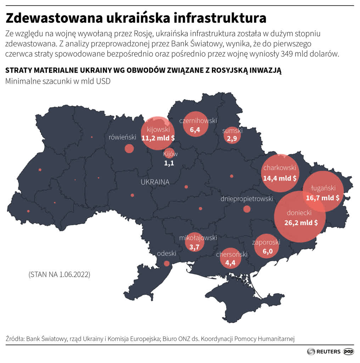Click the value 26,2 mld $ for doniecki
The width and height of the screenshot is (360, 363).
tap(300, 223)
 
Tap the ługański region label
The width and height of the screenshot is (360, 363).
tap(323, 188)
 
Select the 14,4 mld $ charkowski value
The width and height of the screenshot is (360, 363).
tap(280, 178)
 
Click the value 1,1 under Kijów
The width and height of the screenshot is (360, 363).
tap(169, 163)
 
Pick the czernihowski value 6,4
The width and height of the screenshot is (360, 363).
tap(195, 130)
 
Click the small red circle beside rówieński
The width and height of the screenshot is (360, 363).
tap(129, 149)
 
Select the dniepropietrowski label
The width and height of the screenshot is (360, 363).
tap(247, 199)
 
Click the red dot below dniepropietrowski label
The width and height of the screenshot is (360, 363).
tap(247, 209)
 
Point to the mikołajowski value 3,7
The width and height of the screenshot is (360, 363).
tap(195, 247)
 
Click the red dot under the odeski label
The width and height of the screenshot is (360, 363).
tap(167, 263)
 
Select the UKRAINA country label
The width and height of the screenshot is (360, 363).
tap(155, 182)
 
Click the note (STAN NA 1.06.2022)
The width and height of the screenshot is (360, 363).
tap(59, 274)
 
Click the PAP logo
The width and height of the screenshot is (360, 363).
tap(349, 351)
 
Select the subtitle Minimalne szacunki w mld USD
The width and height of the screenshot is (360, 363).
tap(58, 81)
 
